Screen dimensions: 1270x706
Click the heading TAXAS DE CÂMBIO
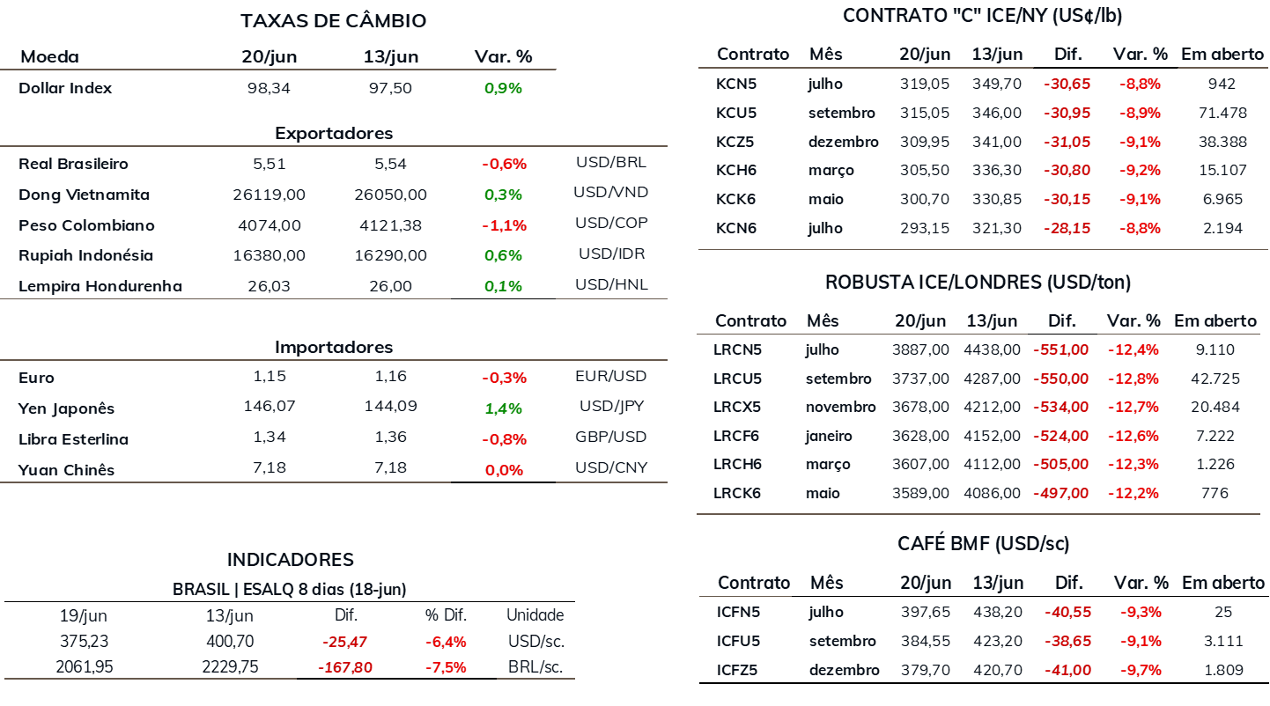[x=334, y=20]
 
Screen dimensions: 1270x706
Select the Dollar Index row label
[x=65, y=88]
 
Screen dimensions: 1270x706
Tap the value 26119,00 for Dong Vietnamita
[x=269, y=195]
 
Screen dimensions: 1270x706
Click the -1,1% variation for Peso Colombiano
[x=504, y=225]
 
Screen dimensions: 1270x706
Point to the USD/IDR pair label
[x=612, y=254]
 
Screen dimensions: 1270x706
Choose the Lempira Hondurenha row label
[x=100, y=285]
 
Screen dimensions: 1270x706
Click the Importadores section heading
[x=334, y=347]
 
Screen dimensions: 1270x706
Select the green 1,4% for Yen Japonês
[x=504, y=408]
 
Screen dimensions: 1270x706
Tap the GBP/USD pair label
[x=610, y=437]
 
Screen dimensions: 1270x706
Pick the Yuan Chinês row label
[x=66, y=470]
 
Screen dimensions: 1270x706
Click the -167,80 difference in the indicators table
[x=345, y=667]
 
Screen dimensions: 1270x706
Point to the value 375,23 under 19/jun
[x=84, y=641]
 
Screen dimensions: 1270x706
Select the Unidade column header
[x=535, y=614]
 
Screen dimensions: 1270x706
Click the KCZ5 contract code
[x=735, y=142]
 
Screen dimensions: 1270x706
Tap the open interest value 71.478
[x=1222, y=113]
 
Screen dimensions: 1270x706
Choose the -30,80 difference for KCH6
[x=1067, y=170]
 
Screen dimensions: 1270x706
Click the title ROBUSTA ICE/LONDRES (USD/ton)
[x=978, y=283]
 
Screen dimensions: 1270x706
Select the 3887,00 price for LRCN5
[x=920, y=349]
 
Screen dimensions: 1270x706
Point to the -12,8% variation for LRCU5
[x=1133, y=379]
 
